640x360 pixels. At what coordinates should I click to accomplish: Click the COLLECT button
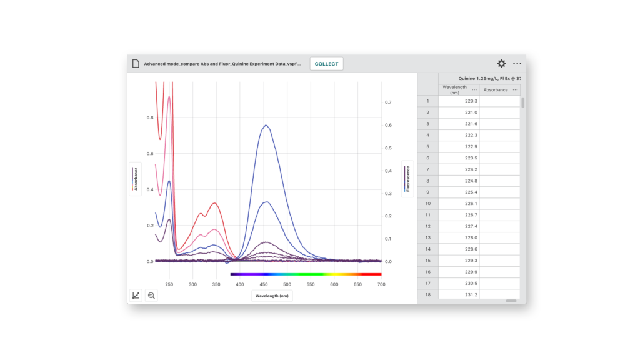326,64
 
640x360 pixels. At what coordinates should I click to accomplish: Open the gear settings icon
501,64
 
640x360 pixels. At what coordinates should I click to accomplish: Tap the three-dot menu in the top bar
517,64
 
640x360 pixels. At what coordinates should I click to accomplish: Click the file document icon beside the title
136,64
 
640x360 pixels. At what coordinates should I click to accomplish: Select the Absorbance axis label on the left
135,179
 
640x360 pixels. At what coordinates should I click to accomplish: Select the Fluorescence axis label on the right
407,179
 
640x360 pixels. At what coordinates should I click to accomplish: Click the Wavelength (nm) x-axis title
272,296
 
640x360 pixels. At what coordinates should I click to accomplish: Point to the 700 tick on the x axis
381,284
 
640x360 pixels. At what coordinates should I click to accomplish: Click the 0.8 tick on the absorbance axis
149,117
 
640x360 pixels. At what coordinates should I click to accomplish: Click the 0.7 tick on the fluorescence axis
388,102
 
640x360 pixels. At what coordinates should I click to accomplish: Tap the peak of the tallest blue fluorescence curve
266,125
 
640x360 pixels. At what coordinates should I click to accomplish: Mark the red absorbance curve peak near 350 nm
215,203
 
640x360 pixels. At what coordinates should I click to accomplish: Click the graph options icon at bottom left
136,296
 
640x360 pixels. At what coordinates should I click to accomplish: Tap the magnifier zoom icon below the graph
151,296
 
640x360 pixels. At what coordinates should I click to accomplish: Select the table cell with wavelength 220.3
459,101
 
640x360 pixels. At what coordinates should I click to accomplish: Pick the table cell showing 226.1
459,204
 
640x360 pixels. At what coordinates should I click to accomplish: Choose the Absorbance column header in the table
496,90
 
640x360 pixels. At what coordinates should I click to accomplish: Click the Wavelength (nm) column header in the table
454,90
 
